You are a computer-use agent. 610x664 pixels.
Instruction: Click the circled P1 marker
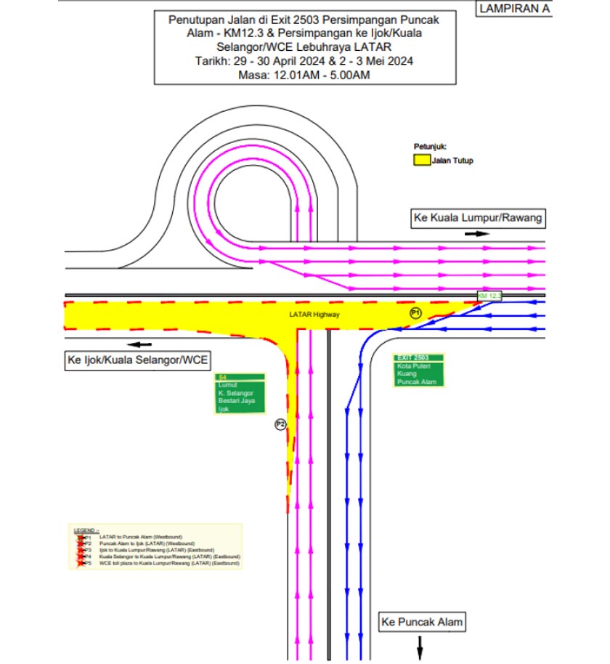[415, 313]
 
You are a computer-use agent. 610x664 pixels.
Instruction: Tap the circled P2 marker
[280, 424]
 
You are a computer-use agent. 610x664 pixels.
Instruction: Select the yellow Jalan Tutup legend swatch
[420, 160]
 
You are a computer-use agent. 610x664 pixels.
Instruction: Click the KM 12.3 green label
[489, 296]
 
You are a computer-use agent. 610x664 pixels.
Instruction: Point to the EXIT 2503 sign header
[411, 358]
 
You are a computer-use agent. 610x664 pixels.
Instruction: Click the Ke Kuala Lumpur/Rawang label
[477, 217]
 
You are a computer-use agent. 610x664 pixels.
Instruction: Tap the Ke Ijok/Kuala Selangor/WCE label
[137, 360]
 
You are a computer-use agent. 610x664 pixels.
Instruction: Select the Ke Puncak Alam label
[421, 622]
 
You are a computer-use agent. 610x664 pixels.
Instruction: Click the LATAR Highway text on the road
[314, 315]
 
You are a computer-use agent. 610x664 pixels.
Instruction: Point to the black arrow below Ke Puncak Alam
[420, 644]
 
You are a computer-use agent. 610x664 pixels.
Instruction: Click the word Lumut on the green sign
[227, 384]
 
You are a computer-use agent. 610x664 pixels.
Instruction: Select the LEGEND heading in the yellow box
[86, 530]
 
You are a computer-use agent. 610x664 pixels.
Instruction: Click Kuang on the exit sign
[406, 374]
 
